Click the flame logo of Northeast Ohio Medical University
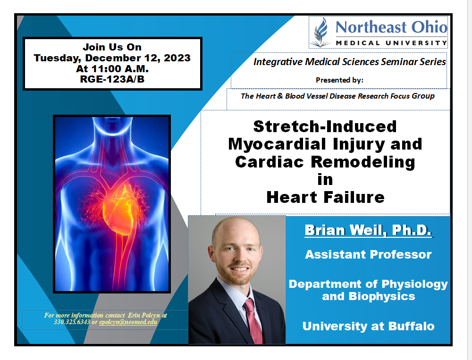point(321,32)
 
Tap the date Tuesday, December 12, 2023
point(112,58)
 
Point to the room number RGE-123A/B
point(112,79)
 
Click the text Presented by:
point(339,80)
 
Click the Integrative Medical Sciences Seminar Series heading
point(349,62)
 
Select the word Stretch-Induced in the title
point(325,126)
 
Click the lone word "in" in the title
point(325,180)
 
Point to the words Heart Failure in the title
point(325,198)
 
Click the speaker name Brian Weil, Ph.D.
point(368,230)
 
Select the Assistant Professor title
point(368,255)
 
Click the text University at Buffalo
point(368,327)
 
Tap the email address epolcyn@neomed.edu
point(128,322)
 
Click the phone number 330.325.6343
point(72,322)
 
